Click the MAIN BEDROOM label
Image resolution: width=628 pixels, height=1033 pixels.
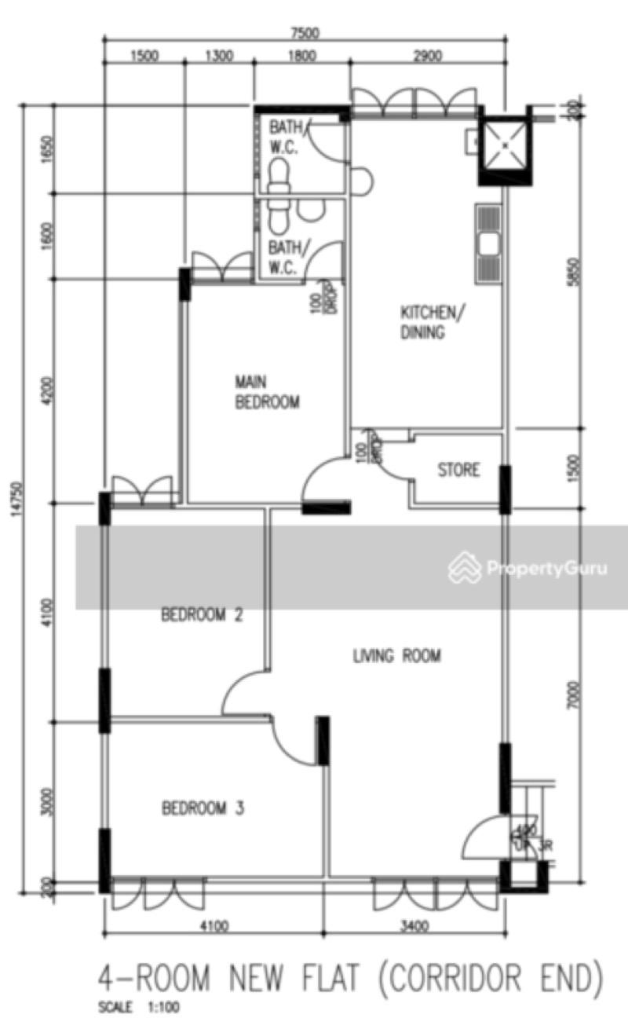tap(268, 392)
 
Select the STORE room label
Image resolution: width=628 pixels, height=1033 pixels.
tap(458, 471)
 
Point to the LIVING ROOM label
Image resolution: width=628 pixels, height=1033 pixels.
tap(397, 655)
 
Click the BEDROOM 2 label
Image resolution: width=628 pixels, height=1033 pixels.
tap(201, 614)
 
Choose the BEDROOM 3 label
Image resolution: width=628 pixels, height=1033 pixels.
tap(203, 808)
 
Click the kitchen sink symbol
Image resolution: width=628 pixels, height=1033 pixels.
tap(488, 243)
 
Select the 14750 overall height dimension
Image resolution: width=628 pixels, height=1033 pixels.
tap(16, 499)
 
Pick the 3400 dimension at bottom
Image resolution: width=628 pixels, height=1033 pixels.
tap(414, 925)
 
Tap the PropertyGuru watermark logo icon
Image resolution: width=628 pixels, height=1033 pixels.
tap(464, 567)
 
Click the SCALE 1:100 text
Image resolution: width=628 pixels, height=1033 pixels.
tap(139, 1008)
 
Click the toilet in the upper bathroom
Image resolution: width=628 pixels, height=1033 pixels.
tap(278, 174)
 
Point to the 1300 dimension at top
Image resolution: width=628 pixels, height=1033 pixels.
tap(219, 56)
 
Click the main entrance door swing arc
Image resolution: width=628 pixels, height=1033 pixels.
tap(480, 838)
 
